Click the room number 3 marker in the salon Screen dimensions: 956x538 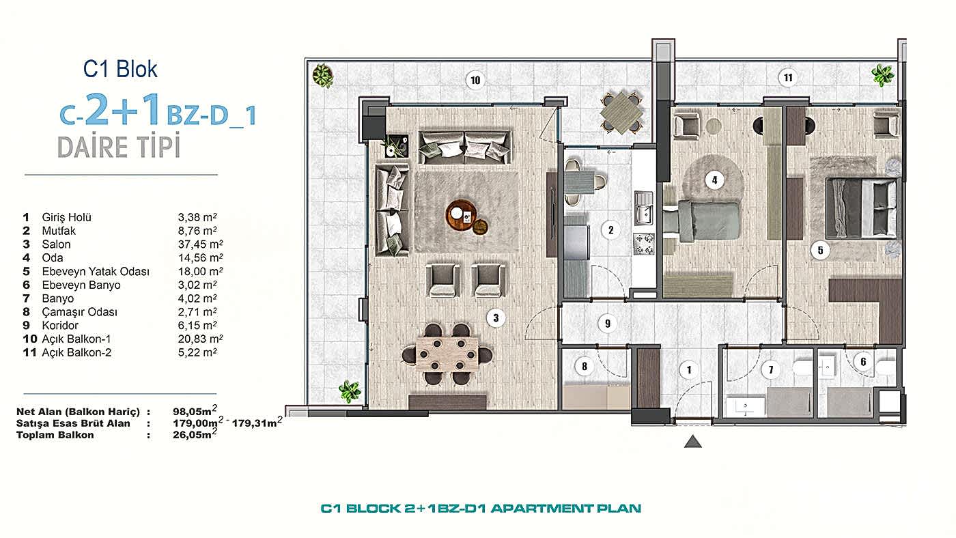point(496,318)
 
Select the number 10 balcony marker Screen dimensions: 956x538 point(475,80)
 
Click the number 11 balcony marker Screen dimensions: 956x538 point(788,78)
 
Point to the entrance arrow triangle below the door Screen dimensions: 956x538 point(692,442)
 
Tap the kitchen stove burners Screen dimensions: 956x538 point(643,244)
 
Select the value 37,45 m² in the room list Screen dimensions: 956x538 point(200,244)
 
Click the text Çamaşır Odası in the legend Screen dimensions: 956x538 point(79,312)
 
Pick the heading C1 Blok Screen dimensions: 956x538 point(120,69)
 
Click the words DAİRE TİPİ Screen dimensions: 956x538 point(119,147)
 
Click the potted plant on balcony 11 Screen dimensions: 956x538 point(882,76)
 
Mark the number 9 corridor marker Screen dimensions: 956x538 point(607,324)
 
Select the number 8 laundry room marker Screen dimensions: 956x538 point(585,366)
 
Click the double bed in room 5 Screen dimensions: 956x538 point(862,209)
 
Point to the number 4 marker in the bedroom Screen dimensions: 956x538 point(714,180)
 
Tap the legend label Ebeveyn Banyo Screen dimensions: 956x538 point(81,285)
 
